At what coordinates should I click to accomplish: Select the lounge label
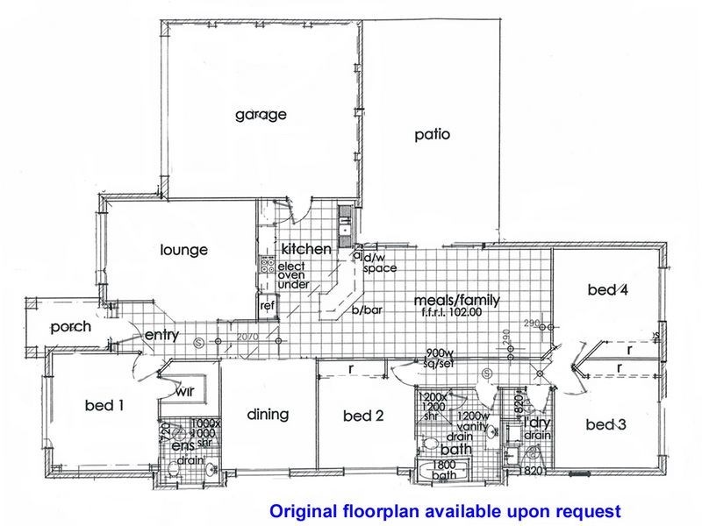[183, 251]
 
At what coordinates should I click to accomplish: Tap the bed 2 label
[363, 416]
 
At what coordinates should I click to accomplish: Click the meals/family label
[456, 301]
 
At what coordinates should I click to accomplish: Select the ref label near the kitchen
[266, 306]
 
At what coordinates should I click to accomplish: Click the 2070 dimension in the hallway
[251, 338]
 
